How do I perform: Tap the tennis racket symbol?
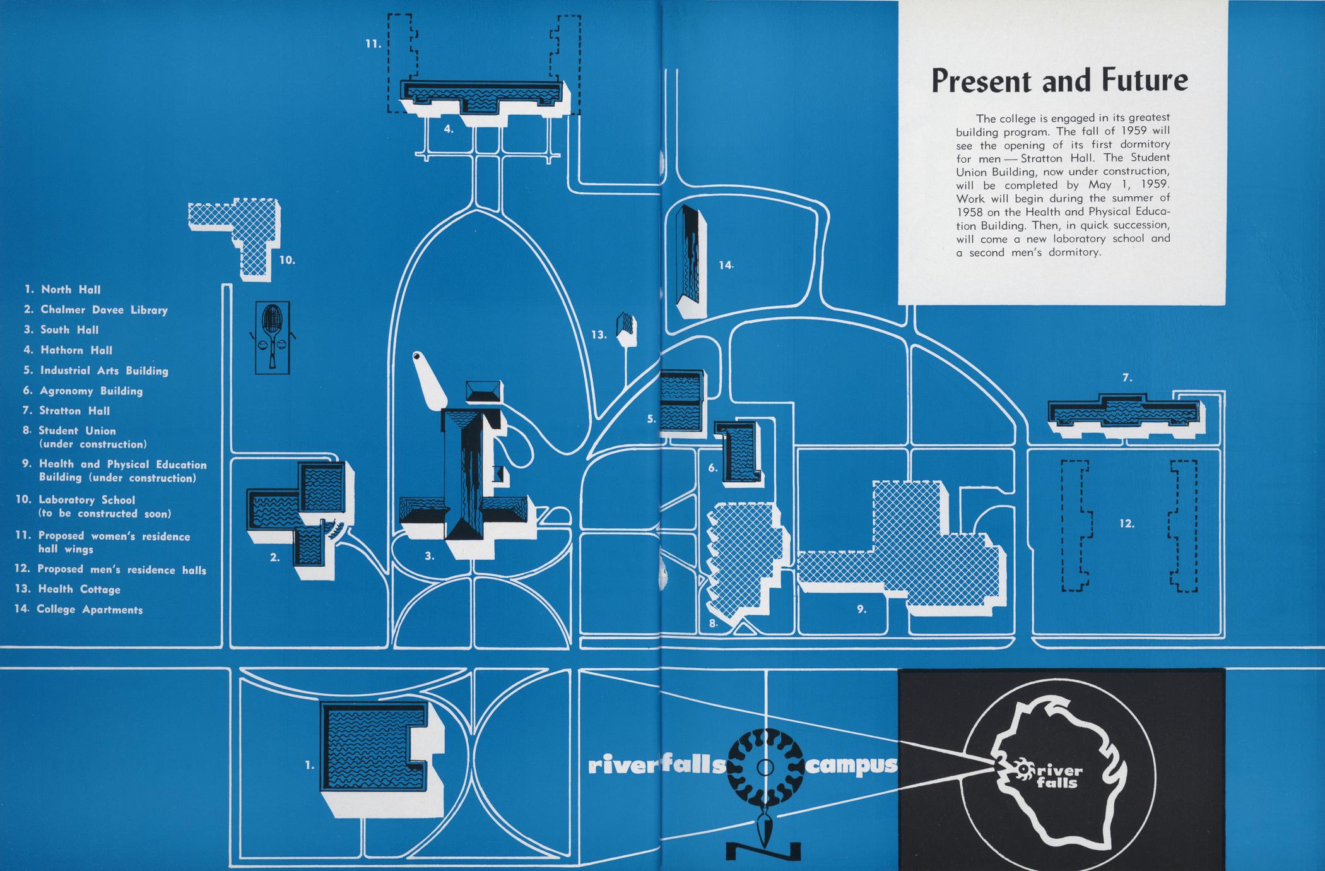(x=271, y=336)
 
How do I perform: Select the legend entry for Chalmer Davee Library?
(x=104, y=310)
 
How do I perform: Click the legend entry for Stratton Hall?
(x=74, y=411)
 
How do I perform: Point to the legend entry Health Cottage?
(x=79, y=589)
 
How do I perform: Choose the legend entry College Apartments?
(x=89, y=610)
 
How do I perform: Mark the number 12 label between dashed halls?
(x=1127, y=523)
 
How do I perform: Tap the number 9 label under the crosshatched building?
(x=862, y=609)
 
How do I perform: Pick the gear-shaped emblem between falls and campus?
(x=765, y=767)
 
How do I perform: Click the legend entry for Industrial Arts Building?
(x=104, y=370)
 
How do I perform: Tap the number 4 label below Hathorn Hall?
(x=449, y=129)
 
